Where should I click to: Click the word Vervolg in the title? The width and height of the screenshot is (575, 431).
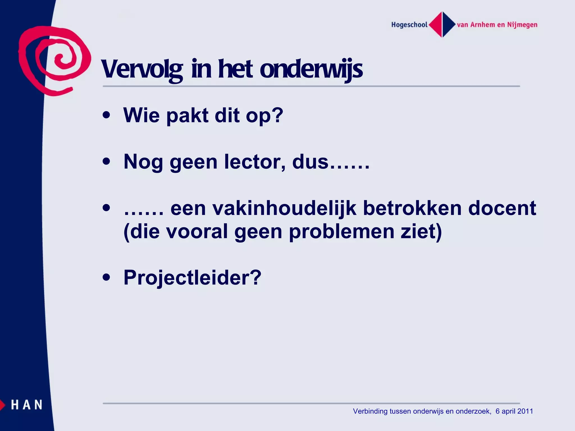[142, 69]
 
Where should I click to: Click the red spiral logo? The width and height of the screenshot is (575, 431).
[55, 60]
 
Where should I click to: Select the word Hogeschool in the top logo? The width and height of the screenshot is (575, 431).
[409, 25]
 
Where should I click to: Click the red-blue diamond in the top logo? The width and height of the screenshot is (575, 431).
[442, 25]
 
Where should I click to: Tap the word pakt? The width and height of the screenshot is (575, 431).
[187, 115]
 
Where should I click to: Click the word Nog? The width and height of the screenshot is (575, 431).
[143, 162]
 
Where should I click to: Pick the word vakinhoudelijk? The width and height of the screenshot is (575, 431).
[284, 208]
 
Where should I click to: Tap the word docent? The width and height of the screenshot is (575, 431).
[502, 208]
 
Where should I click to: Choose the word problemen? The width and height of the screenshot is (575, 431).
[342, 232]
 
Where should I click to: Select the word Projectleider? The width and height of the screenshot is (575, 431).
[192, 278]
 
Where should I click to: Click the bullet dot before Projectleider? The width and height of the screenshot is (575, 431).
[106, 277]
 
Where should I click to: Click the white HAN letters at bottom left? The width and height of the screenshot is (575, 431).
[27, 405]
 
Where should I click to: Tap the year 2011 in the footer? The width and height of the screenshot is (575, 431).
[525, 411]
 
